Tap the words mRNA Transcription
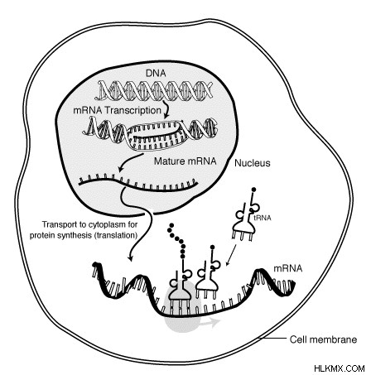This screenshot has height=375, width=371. pyautogui.click(x=117, y=110)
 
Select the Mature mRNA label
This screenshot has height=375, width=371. pyautogui.click(x=185, y=161)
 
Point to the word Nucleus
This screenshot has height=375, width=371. pyautogui.click(x=253, y=163)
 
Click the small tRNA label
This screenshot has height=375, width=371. pyautogui.click(x=263, y=218)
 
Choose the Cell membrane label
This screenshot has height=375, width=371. pyautogui.click(x=323, y=339)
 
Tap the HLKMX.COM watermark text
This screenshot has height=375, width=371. pyautogui.click(x=340, y=368)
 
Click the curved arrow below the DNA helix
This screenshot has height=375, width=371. pyautogui.click(x=166, y=109)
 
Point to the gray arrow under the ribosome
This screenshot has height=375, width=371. pyautogui.click(x=210, y=322)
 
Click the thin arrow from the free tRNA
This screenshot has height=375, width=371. pyautogui.click(x=231, y=255)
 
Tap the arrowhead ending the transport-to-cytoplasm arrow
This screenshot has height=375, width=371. pyautogui.click(x=130, y=258)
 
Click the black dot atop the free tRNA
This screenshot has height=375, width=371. pyautogui.click(x=253, y=190)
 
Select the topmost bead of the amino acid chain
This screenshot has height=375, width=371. pyautogui.click(x=171, y=226)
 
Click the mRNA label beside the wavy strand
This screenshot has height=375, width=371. pyautogui.click(x=288, y=268)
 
